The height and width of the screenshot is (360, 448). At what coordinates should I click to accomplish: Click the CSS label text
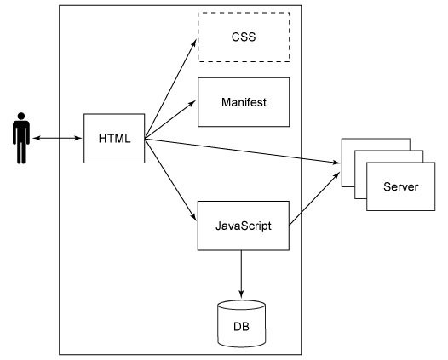[244, 37]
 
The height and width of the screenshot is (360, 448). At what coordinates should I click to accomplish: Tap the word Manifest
[244, 102]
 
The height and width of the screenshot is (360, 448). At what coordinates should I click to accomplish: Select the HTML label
[114, 139]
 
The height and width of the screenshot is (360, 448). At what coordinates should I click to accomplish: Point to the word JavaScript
[243, 226]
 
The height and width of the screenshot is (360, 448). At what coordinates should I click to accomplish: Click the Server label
[400, 186]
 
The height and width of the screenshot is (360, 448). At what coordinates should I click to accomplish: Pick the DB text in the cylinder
[241, 326]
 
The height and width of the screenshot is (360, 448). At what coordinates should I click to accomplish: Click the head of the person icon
[21, 117]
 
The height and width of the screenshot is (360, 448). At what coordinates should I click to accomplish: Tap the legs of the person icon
[21, 152]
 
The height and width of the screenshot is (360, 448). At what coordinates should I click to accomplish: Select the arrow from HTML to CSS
[170, 89]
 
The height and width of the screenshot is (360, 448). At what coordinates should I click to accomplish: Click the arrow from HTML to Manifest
[170, 120]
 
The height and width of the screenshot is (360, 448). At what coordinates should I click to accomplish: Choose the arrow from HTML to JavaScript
[170, 180]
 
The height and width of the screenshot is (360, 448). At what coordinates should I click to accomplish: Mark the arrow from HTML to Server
[243, 151]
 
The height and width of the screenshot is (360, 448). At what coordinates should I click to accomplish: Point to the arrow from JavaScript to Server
[314, 198]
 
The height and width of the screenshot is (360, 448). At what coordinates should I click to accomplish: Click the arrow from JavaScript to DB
[241, 274]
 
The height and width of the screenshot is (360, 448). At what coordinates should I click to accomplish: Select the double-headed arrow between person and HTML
[57, 138]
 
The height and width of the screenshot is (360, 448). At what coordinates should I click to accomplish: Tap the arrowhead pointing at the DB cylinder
[241, 294]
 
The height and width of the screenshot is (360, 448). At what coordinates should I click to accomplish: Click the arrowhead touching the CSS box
[193, 43]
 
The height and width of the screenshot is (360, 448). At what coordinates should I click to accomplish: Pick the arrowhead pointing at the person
[37, 138]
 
